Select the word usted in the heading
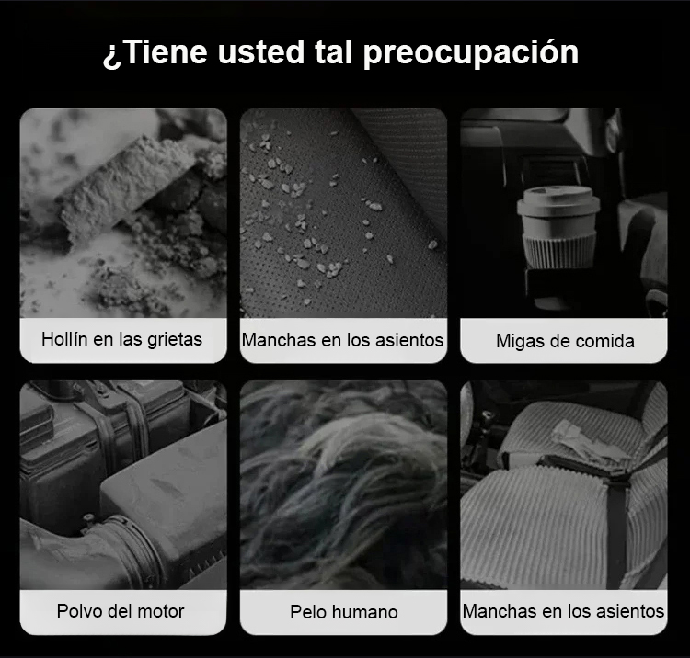pyautogui.click(x=261, y=52)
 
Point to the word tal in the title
pyautogui.click(x=333, y=52)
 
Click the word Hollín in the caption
pyautogui.click(x=64, y=339)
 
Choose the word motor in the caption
pyautogui.click(x=161, y=611)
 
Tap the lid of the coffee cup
pyautogui.click(x=558, y=201)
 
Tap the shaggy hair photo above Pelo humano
pyautogui.click(x=344, y=484)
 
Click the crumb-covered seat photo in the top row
pyautogui.click(x=344, y=212)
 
